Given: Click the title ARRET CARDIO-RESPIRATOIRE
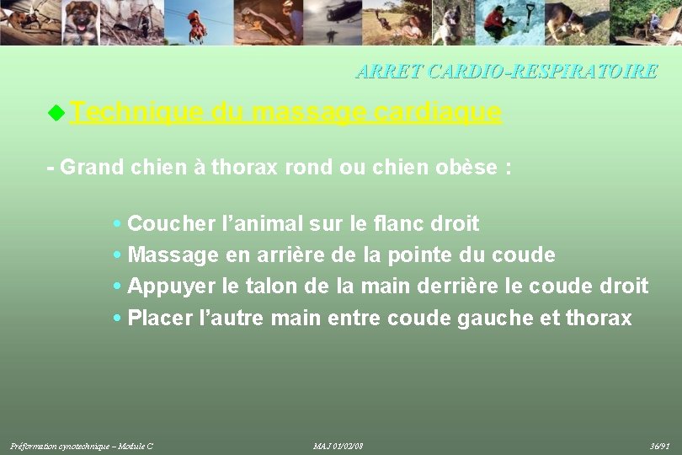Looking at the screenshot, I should coord(506,72).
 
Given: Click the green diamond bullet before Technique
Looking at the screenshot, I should coord(56,111).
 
